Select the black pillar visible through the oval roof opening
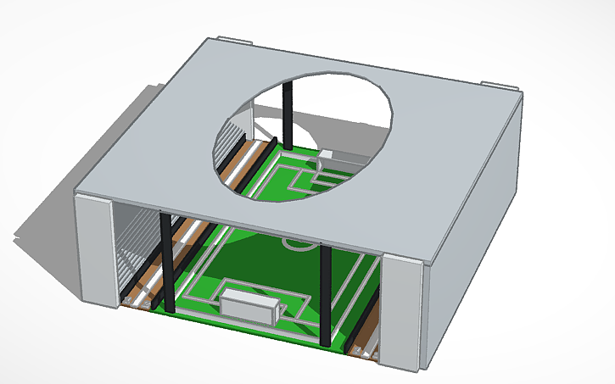[287, 114]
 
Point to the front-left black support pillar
[166, 263]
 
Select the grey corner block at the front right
[402, 314]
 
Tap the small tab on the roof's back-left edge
[234, 39]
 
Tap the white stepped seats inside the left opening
[131, 250]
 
